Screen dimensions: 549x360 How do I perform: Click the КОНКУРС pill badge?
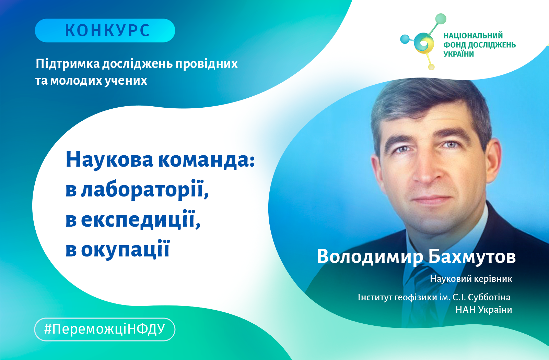coord(105,31)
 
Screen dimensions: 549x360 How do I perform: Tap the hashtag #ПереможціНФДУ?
coord(105,329)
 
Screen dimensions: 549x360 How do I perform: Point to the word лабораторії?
coord(145,189)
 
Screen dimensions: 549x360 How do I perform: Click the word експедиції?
coord(141,219)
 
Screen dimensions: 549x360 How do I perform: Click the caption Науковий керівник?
coord(471,279)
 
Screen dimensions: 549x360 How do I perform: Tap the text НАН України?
coord(484,310)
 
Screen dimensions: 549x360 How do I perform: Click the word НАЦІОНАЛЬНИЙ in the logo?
coord(473,36)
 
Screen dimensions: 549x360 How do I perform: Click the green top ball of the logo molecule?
coord(441,19)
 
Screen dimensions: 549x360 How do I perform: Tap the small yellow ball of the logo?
coord(431,67)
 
